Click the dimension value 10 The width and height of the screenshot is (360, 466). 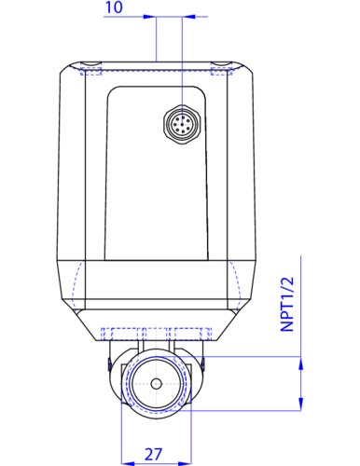[114, 7]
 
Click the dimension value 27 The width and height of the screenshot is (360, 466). [153, 454]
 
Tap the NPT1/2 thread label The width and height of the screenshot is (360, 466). [287, 305]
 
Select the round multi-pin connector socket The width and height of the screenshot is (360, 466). [183, 124]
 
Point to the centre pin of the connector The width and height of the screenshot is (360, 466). [183, 124]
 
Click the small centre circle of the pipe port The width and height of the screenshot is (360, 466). [157, 384]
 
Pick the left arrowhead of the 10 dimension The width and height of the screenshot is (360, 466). [149, 16]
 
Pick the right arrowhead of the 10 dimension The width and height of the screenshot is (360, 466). [189, 16]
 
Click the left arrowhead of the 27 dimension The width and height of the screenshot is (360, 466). [128, 463]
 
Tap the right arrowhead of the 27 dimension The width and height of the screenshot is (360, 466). [186, 463]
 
